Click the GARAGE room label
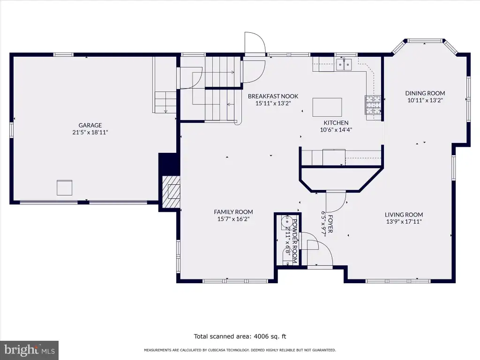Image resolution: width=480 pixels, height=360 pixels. [x=90, y=125]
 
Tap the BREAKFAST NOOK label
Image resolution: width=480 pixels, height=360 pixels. [x=273, y=96]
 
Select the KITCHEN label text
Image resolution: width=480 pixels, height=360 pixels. [x=336, y=123]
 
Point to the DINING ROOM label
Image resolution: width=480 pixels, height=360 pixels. [x=425, y=93]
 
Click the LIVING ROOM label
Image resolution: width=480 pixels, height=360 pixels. [x=404, y=215]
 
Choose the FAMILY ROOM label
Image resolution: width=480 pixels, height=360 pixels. [x=233, y=212]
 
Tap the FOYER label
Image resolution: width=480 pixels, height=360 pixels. [x=330, y=224]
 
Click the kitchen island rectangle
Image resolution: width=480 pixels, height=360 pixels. [x=327, y=107]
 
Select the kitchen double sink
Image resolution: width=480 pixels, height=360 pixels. [x=344, y=65]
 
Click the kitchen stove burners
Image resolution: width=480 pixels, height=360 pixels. [x=373, y=105]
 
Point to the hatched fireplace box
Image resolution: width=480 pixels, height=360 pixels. [x=171, y=192]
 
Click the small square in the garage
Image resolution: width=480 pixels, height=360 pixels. [x=64, y=187]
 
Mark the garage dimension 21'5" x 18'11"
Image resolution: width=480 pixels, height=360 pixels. [x=90, y=133]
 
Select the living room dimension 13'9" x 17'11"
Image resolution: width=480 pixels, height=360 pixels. [x=404, y=222]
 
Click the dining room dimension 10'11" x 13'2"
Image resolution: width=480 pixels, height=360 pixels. [x=425, y=100]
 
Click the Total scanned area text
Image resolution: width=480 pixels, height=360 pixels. [x=240, y=337]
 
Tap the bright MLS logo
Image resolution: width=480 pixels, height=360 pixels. [x=30, y=350]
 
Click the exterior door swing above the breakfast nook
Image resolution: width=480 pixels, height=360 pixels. [x=255, y=43]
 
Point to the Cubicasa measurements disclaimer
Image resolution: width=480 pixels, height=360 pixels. [x=240, y=350]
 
